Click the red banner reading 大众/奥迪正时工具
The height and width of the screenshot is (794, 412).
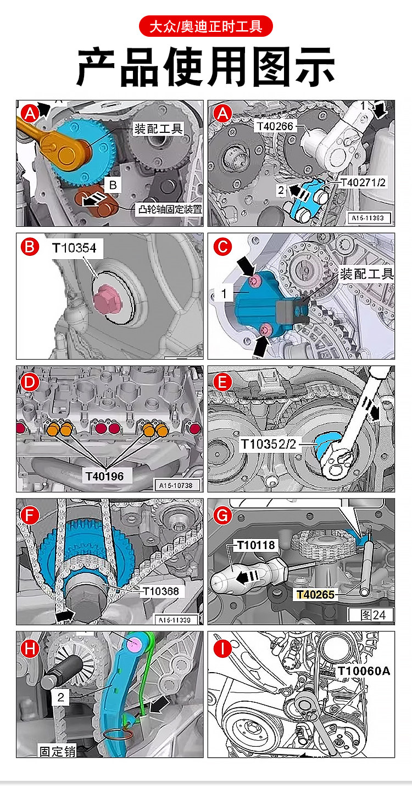tap(205, 26)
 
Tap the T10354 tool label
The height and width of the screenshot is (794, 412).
tap(74, 248)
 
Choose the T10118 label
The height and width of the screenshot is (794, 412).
tap(255, 545)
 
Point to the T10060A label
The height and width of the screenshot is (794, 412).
tap(363, 670)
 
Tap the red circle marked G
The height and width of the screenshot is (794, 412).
tap(222, 516)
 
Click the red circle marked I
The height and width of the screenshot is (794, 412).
tap(222, 649)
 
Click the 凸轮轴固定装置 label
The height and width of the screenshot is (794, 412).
tap(169, 209)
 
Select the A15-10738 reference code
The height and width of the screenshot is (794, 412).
tap(179, 485)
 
